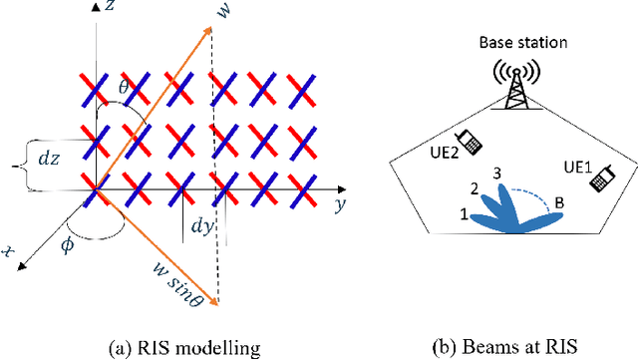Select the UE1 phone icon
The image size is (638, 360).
600,179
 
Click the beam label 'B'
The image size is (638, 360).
559,204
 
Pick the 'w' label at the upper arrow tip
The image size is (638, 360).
233,12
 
